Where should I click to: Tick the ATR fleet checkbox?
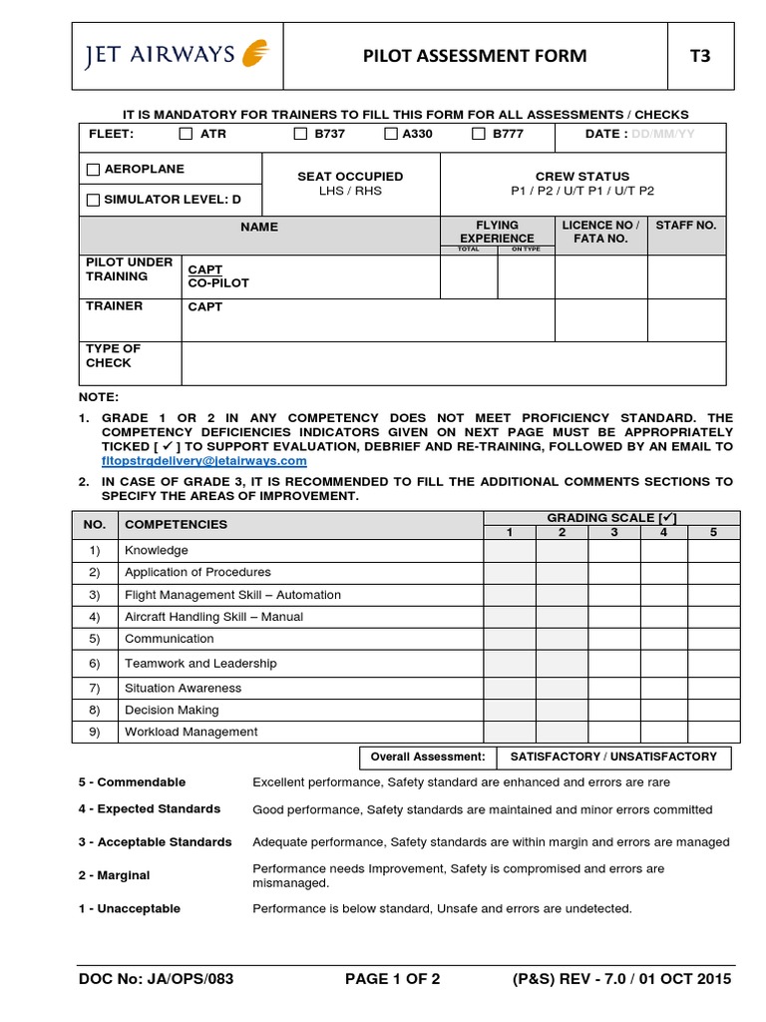click(x=186, y=134)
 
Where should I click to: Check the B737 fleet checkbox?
click(x=300, y=134)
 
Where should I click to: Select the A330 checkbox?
click(x=391, y=134)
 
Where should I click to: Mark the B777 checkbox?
click(x=479, y=134)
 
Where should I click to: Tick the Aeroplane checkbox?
click(x=94, y=170)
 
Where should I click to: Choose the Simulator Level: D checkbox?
click(x=94, y=200)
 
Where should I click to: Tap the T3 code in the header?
click(x=700, y=56)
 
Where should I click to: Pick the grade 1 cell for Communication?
click(x=510, y=639)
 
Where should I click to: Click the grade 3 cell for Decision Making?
click(x=614, y=710)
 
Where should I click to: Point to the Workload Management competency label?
click(x=191, y=732)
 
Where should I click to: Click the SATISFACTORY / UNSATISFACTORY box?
click(x=613, y=757)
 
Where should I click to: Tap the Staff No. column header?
click(x=685, y=226)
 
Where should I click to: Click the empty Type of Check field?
click(x=453, y=362)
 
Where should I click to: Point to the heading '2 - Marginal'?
click(x=114, y=875)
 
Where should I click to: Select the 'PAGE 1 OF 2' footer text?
click(x=392, y=979)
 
